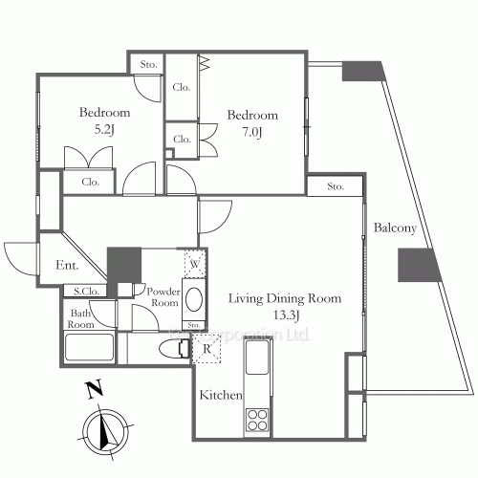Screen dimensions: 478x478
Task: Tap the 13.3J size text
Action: pos(283,315)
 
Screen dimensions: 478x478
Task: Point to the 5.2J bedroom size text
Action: pos(104,129)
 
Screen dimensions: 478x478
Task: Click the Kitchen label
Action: pos(220,395)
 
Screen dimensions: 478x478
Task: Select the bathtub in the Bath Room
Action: pos(90,347)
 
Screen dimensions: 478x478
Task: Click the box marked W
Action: pos(194,263)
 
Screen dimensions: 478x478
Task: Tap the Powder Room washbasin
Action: pos(194,301)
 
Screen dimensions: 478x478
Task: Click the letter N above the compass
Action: pos(93,388)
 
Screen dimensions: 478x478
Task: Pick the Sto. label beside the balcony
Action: pos(336,185)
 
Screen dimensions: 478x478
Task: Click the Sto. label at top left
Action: pos(147,65)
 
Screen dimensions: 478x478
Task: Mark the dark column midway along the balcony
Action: pos(416,265)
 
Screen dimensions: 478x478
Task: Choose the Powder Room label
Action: pos(162,295)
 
